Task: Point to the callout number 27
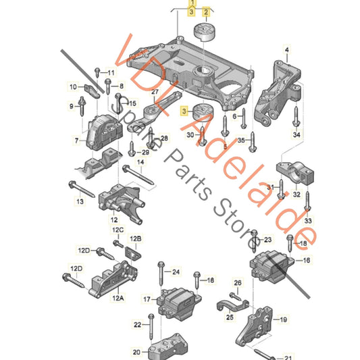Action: pos(154,92)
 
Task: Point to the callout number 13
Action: pos(80,201)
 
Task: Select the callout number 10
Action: pos(73,86)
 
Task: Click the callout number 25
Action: pos(230,316)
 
